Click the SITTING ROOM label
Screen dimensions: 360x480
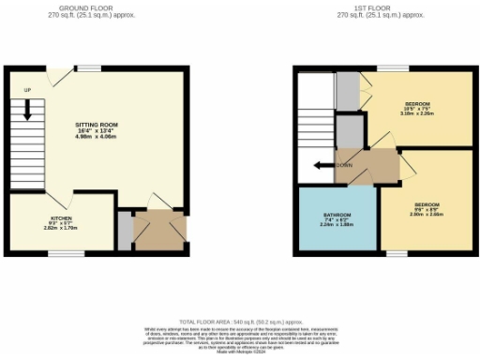coord(97,124)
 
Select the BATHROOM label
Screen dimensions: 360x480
coord(337,214)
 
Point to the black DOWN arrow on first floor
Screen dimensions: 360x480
coord(322,165)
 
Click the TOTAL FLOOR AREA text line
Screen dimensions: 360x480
coord(241,321)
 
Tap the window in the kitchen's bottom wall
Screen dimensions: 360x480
coord(60,250)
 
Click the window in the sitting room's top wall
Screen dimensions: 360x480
coord(88,67)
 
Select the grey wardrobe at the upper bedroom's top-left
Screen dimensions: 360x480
coord(347,90)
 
